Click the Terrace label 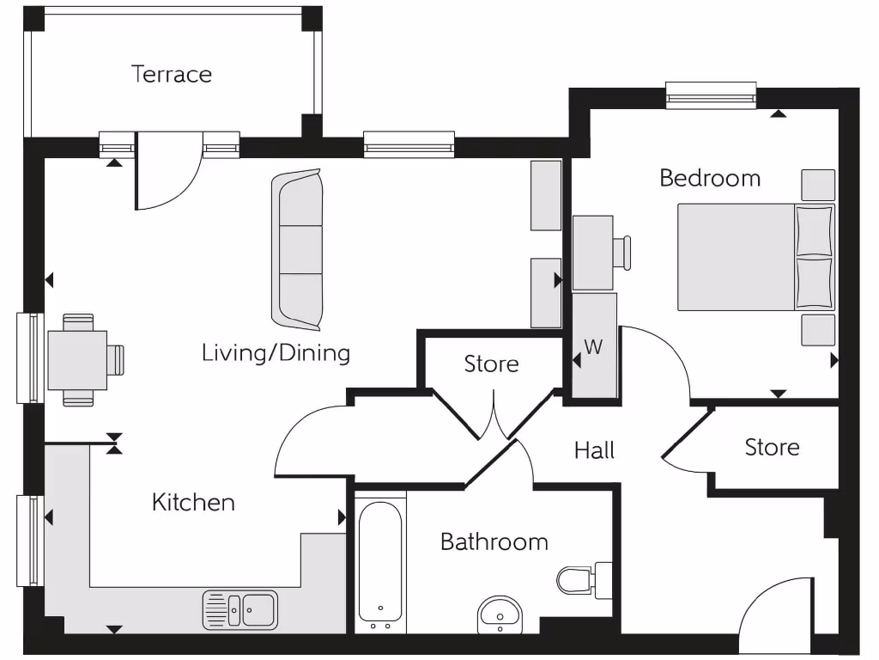pyautogui.click(x=172, y=75)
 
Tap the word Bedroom pyautogui.click(x=710, y=179)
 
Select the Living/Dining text pyautogui.click(x=276, y=353)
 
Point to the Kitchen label pyautogui.click(x=193, y=503)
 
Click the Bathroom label pyautogui.click(x=494, y=542)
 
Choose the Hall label pyautogui.click(x=594, y=449)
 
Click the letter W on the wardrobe pyautogui.click(x=593, y=347)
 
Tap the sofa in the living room pyautogui.click(x=297, y=249)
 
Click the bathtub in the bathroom pyautogui.click(x=379, y=563)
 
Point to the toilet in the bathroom pyautogui.click(x=579, y=579)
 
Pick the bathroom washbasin pyautogui.click(x=500, y=614)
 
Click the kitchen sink pyautogui.click(x=241, y=610)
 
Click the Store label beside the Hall pyautogui.click(x=772, y=448)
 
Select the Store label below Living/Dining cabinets pyautogui.click(x=491, y=364)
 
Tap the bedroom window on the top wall pyautogui.click(x=711, y=95)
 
